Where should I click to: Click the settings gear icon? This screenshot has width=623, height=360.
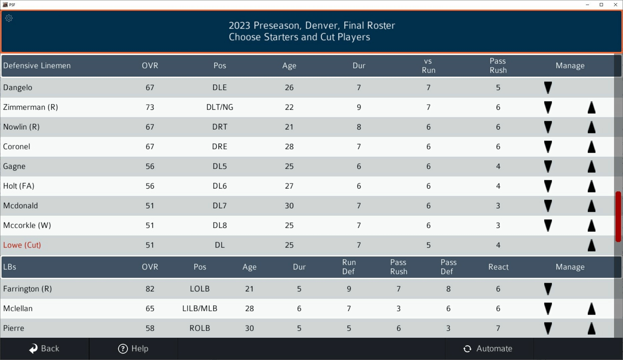pos(9,18)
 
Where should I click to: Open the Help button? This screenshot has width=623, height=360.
pos(133,349)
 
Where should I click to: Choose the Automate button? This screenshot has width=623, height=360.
pos(488,349)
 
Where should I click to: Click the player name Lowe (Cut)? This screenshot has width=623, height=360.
pos(22,245)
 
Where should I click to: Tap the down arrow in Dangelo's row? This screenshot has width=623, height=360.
pos(548,88)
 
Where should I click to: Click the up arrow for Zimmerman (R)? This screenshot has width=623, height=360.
pos(591,107)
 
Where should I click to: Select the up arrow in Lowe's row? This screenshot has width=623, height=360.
pos(591,245)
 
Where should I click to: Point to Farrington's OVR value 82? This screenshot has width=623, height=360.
pos(150,289)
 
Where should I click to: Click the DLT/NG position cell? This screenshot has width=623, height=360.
pos(219,107)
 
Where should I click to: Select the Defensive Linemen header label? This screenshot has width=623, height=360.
pos(37,66)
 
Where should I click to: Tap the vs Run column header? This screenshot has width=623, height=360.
pos(428,66)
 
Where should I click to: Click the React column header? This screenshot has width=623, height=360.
pos(498,267)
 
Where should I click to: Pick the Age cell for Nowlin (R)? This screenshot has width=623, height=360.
pos(289,127)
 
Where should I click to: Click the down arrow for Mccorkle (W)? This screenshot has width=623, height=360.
pos(548,226)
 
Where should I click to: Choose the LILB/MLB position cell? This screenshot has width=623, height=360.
pos(199,308)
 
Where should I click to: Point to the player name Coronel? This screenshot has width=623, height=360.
pos(17,147)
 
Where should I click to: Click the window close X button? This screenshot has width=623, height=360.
pos(615,5)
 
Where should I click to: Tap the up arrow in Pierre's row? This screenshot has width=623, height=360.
pos(591,328)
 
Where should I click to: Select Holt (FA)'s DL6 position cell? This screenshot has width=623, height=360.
pos(219,186)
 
